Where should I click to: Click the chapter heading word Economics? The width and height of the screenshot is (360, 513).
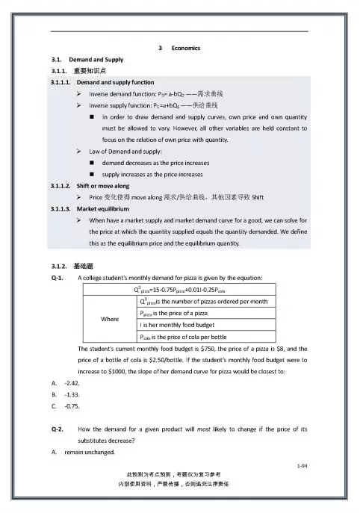(x=185, y=49)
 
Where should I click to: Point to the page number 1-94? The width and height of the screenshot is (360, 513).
(x=302, y=465)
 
